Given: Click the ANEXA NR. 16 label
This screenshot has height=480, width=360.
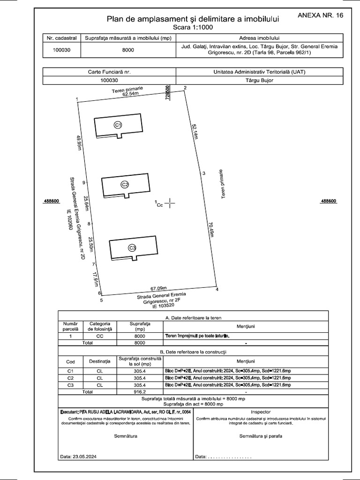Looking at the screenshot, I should click(321, 15).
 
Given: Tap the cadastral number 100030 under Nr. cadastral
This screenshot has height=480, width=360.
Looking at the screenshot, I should click(61, 50).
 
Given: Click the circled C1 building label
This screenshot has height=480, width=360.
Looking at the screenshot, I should click(118, 125).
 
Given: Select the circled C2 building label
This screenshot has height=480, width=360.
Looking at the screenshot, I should click(125, 184).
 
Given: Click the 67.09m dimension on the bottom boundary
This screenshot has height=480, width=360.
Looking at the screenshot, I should click(159, 288).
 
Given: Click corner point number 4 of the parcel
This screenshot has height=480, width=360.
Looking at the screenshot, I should click(217, 289).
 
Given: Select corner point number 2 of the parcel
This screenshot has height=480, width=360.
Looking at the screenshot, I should click(185, 88).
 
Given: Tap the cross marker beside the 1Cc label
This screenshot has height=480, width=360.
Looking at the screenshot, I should click(170, 203).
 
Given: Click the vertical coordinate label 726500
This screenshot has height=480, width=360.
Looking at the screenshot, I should click(167, 94).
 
